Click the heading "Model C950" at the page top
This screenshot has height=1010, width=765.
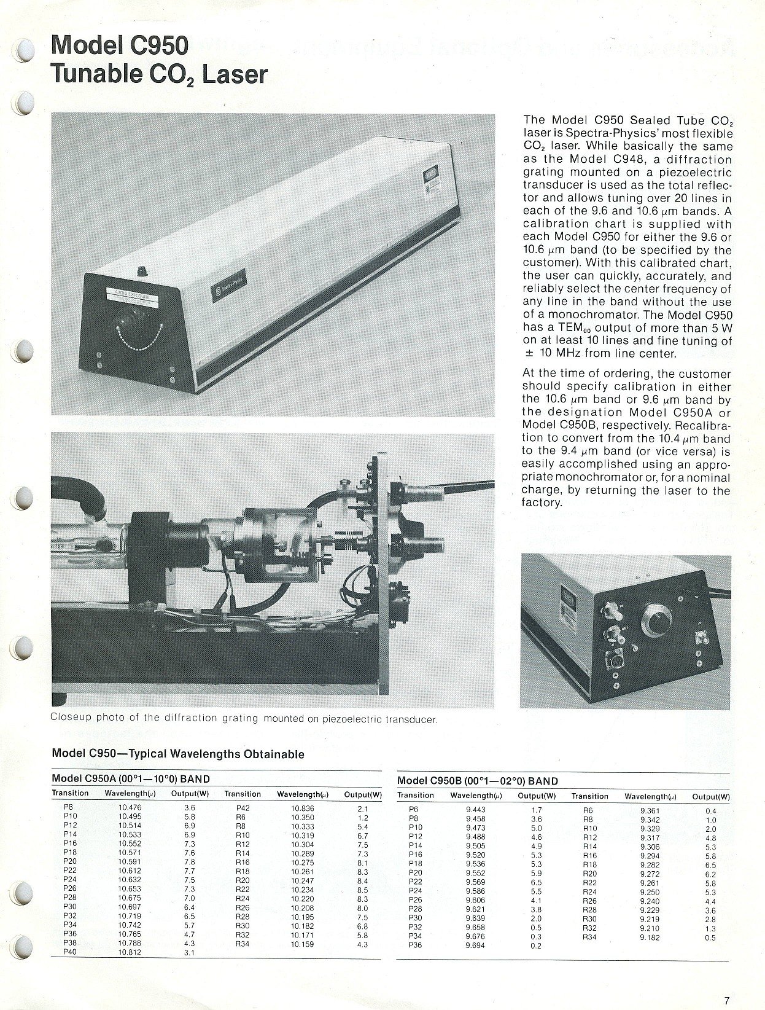coord(120,47)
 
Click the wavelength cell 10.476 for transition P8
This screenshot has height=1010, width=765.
coord(130,808)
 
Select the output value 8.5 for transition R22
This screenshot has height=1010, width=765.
coord(362,889)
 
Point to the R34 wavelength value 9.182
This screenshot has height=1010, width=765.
coord(650,938)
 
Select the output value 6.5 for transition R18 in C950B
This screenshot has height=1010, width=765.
coord(710,865)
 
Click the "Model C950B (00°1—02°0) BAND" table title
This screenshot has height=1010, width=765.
coord(478,781)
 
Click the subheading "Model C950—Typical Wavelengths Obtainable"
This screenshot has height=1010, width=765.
coord(177,753)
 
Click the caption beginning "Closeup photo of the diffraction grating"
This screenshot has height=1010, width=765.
coord(244,718)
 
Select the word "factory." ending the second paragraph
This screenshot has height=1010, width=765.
coord(542,503)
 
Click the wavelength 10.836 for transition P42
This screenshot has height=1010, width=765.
coord(302,808)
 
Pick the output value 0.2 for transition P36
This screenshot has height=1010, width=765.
coord(536,945)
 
